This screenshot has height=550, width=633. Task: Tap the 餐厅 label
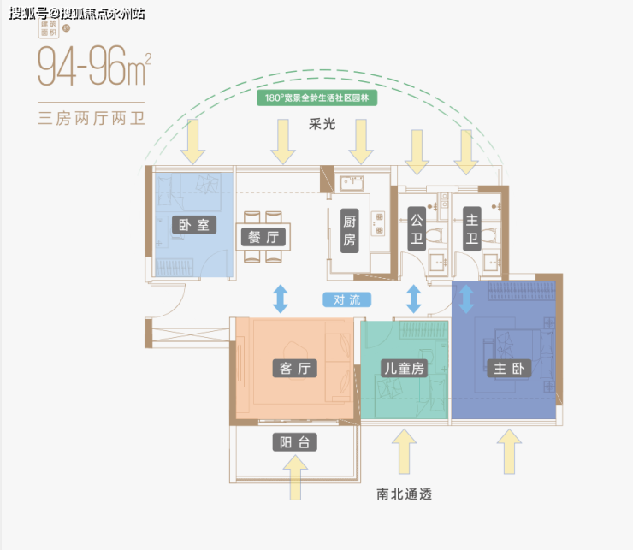pos(263,238)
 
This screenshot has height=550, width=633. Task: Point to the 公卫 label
pos(416,230)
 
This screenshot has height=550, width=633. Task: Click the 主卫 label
pos(471,231)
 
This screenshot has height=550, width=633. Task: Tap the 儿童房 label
pos(402,369)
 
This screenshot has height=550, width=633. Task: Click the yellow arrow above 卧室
pos(193,141)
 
